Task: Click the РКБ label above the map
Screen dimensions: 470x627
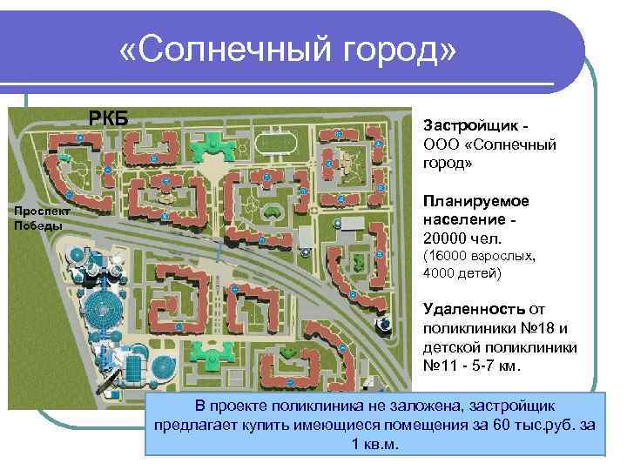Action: pyautogui.click(x=109, y=118)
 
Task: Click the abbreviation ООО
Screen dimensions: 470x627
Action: pyautogui.click(x=440, y=144)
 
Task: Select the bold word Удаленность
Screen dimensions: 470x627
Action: pyautogui.click(x=473, y=309)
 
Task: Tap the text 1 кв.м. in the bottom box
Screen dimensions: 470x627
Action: pyautogui.click(x=374, y=445)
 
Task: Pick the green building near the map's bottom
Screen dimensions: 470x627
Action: pyautogui.click(x=210, y=353)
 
